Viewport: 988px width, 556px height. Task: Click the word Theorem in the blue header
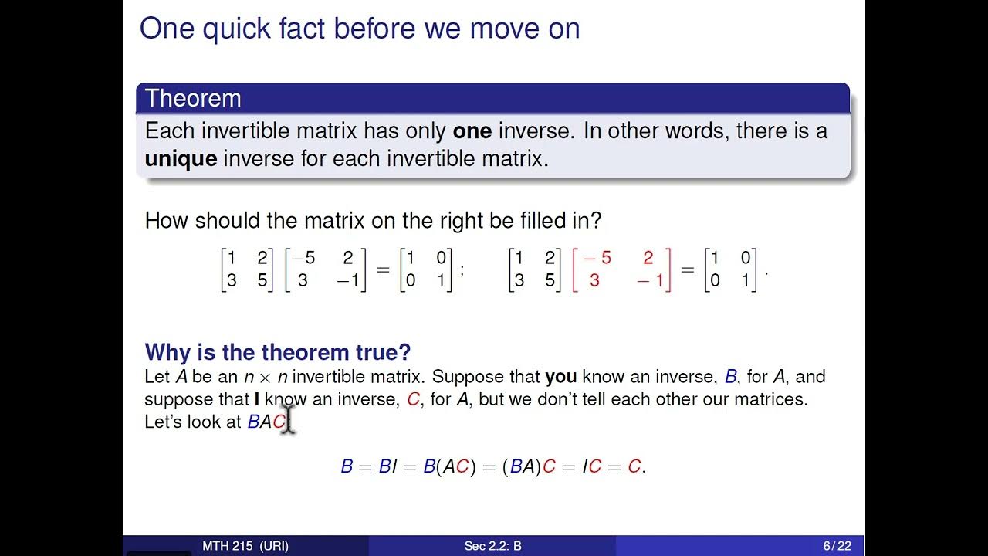[x=193, y=99]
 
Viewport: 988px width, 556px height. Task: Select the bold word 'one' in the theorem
[x=472, y=131]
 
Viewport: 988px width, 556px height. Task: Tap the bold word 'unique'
[x=181, y=159]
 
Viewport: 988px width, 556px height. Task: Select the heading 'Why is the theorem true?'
[x=277, y=352]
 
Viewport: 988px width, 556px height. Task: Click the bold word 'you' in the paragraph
[x=560, y=377]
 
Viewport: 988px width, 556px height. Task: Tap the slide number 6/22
[x=837, y=546]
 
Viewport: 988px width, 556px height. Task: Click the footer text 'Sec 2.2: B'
[x=492, y=546]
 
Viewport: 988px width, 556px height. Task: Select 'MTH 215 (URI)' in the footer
[x=245, y=546]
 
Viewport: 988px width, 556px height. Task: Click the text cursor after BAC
[x=289, y=422]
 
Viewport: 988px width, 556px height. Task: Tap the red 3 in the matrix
[x=594, y=281]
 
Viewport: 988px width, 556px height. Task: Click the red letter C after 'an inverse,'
[x=413, y=400]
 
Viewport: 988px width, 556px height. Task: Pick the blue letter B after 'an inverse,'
[x=730, y=377]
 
